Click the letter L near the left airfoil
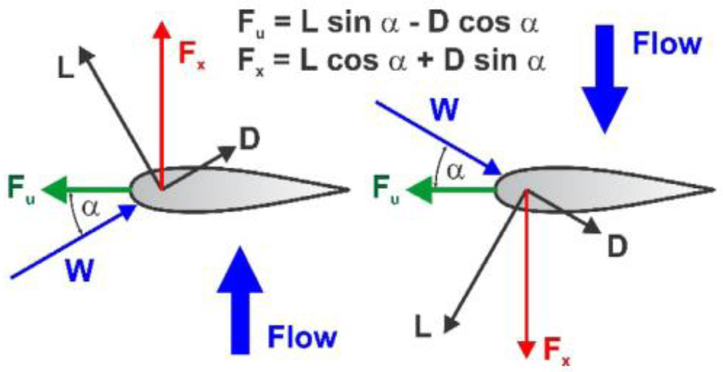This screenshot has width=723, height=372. (x=66, y=68)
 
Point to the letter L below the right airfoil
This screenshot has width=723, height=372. (x=422, y=326)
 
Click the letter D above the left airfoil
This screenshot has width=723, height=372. (x=250, y=139)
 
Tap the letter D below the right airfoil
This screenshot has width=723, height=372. (x=617, y=246)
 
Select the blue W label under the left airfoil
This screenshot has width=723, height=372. (x=79, y=271)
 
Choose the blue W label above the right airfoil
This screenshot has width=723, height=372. (x=444, y=109)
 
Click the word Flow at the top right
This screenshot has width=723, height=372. (x=667, y=43)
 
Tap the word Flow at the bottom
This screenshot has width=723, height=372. (x=302, y=337)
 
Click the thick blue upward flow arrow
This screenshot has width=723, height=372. (x=240, y=301)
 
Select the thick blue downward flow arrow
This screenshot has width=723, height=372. (x=605, y=79)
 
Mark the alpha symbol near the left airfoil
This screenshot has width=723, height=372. (x=91, y=208)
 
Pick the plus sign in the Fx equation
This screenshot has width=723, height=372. (x=426, y=60)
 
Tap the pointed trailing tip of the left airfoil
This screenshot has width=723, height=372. (x=348, y=190)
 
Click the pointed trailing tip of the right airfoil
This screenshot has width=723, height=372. (x=713, y=190)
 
